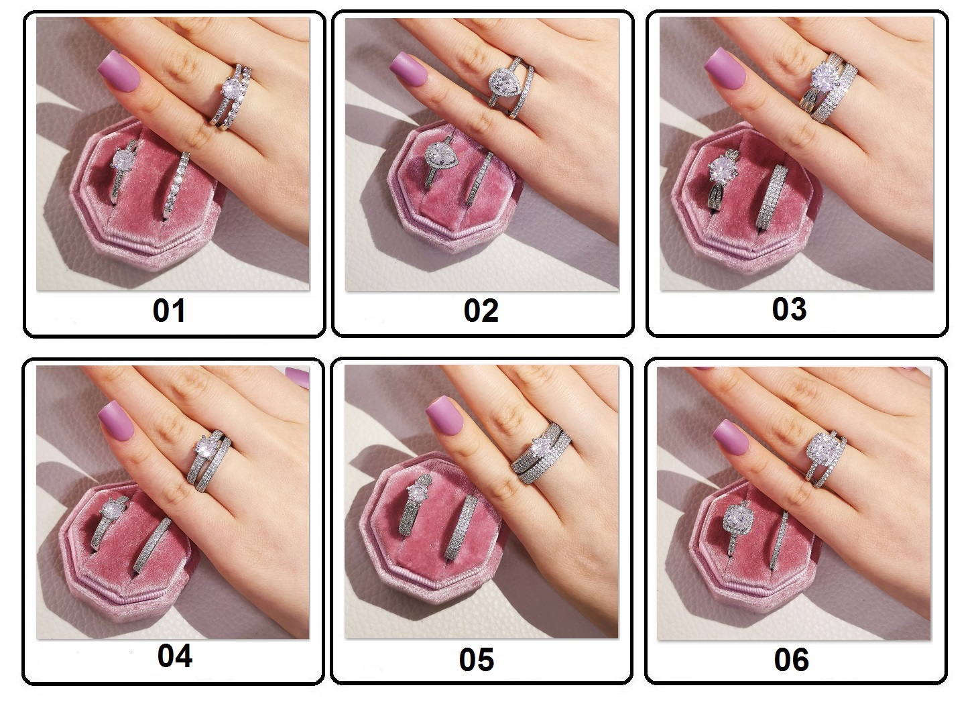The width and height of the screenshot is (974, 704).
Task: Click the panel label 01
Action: [x=169, y=310]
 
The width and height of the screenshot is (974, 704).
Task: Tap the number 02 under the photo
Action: [x=481, y=311]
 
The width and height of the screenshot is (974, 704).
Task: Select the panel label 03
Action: [x=789, y=309]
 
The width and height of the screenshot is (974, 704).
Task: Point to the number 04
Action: [x=175, y=656]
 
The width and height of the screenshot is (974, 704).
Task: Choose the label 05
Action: [x=477, y=660]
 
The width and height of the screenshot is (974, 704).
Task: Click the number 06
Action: [x=792, y=660]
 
